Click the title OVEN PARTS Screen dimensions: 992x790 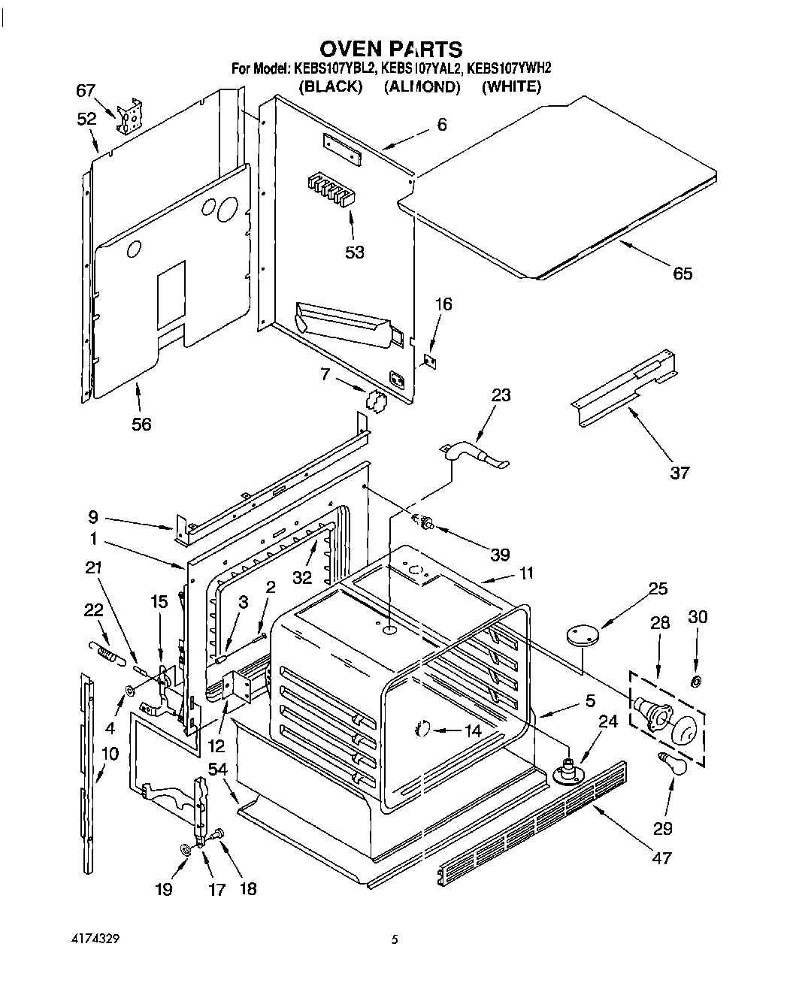[x=391, y=50]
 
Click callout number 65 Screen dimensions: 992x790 [x=683, y=273]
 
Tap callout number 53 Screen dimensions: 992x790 [x=355, y=253]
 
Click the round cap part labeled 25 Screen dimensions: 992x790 [x=581, y=635]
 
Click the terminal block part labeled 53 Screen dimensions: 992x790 [x=330, y=191]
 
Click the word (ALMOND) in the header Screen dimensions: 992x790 [x=422, y=86]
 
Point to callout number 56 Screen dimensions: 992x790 [x=141, y=424]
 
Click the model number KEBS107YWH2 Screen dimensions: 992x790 [x=509, y=68]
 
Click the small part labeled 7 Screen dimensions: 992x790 [x=374, y=401]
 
